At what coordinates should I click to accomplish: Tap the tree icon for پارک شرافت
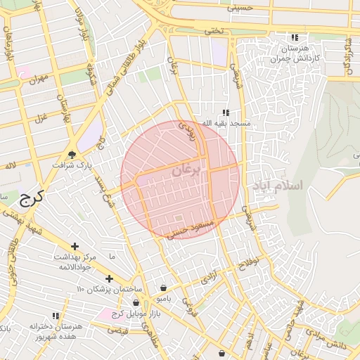(x=72, y=155)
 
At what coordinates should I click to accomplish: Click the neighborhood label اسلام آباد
(x=275, y=186)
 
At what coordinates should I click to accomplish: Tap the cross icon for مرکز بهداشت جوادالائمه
(x=75, y=246)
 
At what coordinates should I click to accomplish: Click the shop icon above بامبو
(x=163, y=288)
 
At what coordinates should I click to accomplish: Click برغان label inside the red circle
(x=187, y=170)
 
